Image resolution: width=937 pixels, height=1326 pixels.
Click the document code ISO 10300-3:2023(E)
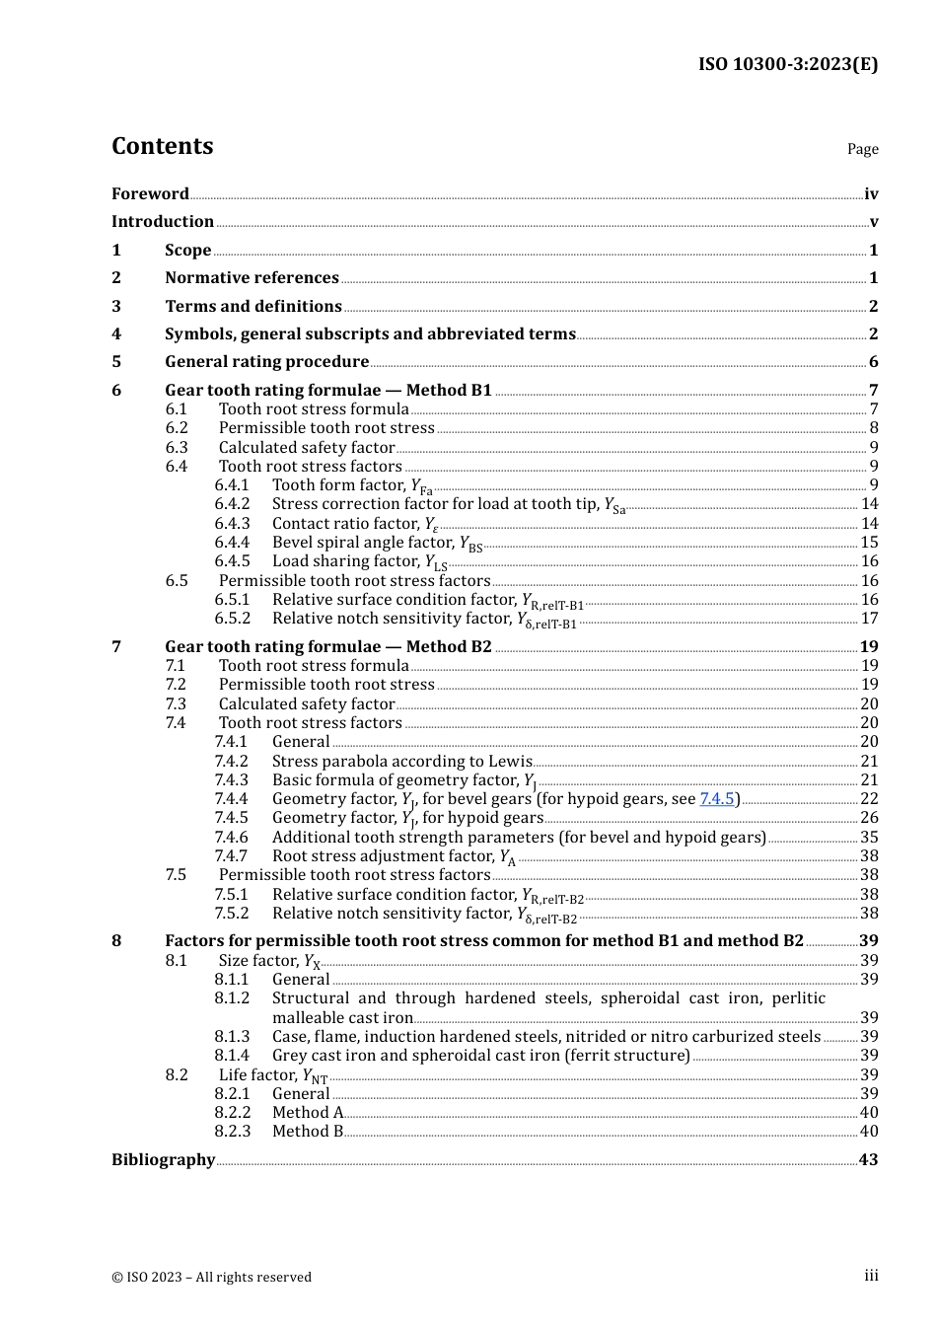tap(787, 64)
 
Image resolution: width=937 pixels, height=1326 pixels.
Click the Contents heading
tap(162, 146)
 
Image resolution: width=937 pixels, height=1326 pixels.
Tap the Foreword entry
tap(150, 193)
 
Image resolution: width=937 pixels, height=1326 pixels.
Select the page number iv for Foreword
tap(871, 193)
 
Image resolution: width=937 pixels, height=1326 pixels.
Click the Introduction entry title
tap(163, 221)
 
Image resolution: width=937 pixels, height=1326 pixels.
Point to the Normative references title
tap(252, 277)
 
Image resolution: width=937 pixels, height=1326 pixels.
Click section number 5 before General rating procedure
tap(116, 361)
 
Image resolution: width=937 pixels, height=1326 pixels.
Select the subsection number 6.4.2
tap(232, 503)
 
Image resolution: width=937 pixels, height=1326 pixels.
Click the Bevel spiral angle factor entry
tap(377, 542)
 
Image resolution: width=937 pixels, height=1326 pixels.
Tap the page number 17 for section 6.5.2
tap(869, 618)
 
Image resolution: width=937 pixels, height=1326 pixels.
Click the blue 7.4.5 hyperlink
tap(717, 798)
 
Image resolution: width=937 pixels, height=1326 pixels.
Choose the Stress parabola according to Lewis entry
tap(401, 761)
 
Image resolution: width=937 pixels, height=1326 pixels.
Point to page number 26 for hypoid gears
tap(869, 817)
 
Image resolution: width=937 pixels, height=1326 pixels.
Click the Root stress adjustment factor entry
tap(394, 855)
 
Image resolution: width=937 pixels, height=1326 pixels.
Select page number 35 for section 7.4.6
tap(869, 837)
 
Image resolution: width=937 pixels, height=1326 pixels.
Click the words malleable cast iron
tap(342, 1017)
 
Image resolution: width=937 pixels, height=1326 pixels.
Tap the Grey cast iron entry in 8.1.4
tap(480, 1055)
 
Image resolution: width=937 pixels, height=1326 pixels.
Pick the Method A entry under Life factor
tap(308, 1112)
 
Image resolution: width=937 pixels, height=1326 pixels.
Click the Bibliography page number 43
tap(868, 1159)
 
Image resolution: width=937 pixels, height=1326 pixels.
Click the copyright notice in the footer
tap(211, 1277)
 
